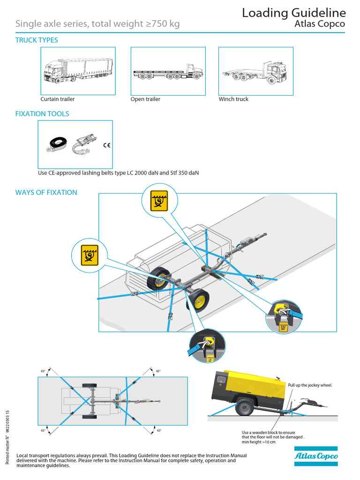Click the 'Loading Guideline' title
coord(293,13)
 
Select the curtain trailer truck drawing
coord(78,71)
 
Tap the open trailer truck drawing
coord(168,72)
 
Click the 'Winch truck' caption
coord(233,99)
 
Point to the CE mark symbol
coord(106,145)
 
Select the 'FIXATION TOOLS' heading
coord(42,114)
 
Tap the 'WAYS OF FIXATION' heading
coord(46,193)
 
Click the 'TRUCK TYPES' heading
coord(37,40)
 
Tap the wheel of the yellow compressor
coord(244,406)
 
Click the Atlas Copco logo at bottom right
coord(315,456)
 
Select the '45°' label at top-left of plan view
coord(43,371)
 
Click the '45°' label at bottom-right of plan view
coord(158,430)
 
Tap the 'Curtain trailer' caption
coord(57,99)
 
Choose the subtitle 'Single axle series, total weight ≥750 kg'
coord(97,24)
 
